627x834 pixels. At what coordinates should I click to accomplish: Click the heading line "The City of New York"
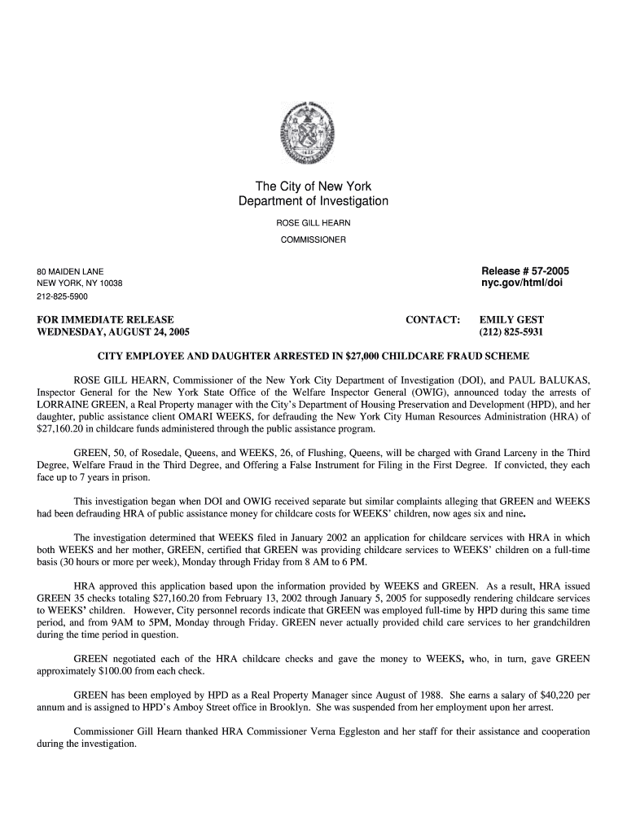[x=313, y=187]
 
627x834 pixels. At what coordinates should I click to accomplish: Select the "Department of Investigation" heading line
[x=313, y=201]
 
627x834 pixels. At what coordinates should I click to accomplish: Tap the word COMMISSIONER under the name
[x=313, y=240]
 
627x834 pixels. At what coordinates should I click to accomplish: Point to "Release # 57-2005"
[x=525, y=270]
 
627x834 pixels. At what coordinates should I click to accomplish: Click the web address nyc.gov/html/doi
[x=522, y=283]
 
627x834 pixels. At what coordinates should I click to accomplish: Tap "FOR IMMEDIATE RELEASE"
[x=105, y=320]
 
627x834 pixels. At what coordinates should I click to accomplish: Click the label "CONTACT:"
[x=432, y=320]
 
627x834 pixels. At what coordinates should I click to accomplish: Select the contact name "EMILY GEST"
[x=511, y=320]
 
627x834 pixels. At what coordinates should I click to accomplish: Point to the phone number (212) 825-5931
[x=511, y=333]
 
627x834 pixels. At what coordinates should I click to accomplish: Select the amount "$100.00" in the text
[x=130, y=672]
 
